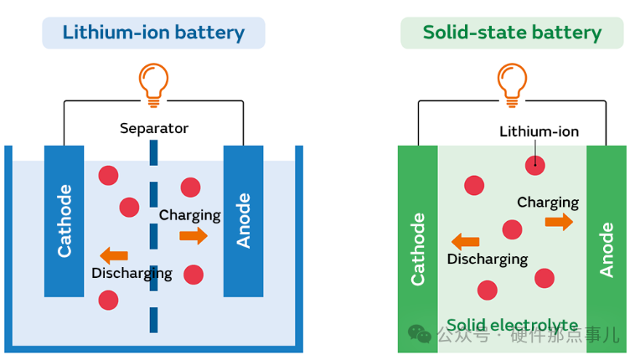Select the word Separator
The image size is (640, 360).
(x=154, y=128)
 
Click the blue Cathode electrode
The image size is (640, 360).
(x=65, y=221)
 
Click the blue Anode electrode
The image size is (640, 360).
(x=244, y=221)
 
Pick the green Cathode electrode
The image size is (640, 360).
(x=417, y=249)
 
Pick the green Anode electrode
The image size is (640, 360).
(x=606, y=249)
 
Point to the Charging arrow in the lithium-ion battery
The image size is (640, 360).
(x=194, y=236)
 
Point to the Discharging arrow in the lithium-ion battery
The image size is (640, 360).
(x=114, y=255)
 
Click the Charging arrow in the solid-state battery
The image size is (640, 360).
(x=559, y=222)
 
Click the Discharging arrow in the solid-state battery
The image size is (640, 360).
(x=466, y=242)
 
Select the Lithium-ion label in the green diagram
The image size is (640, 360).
(x=539, y=131)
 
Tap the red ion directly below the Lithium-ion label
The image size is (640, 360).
(x=535, y=165)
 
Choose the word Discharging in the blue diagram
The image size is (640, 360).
(x=132, y=274)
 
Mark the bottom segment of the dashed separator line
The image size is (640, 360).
(x=154, y=320)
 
